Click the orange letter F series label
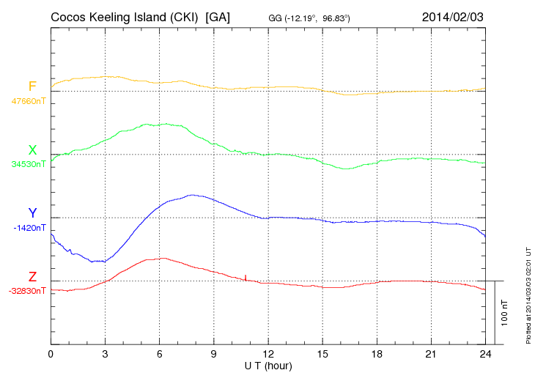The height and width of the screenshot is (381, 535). (x=32, y=86)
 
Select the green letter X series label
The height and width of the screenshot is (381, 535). (x=32, y=150)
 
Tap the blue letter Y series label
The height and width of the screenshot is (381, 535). (x=32, y=213)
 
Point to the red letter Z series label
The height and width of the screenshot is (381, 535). (x=32, y=277)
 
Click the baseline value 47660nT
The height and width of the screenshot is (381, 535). (x=29, y=101)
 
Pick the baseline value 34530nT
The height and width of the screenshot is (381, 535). (x=29, y=164)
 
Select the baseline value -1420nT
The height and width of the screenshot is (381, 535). (x=30, y=228)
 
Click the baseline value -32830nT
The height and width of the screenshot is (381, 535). (x=29, y=291)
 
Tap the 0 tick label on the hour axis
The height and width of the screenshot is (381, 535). (x=51, y=354)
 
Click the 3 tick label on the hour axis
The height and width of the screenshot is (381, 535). (x=105, y=354)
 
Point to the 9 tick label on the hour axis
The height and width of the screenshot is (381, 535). (x=214, y=354)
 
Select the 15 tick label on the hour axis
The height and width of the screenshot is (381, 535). (x=322, y=354)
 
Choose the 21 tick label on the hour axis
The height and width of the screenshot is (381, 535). (x=431, y=354)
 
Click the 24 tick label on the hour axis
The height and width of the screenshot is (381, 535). (x=485, y=354)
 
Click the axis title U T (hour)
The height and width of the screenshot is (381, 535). (x=268, y=365)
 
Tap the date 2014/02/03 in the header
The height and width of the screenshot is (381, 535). (x=453, y=15)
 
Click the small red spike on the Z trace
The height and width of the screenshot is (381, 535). (x=246, y=278)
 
